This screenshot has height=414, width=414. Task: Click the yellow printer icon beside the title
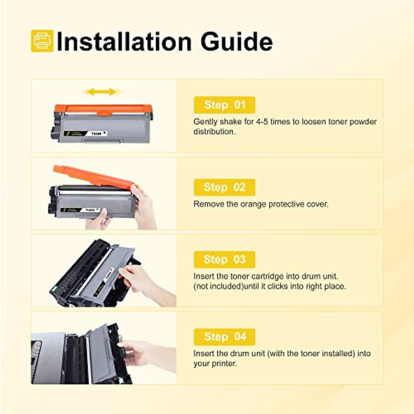pos(42,41)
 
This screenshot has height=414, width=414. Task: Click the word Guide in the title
pos(236,42)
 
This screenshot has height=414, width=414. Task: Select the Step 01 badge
pos(224,105)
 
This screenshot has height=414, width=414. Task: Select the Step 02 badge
pos(224,187)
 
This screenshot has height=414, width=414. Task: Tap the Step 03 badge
pos(224,259)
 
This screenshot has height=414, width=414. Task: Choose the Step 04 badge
pos(224,337)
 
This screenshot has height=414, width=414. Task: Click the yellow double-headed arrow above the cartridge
pos(101,92)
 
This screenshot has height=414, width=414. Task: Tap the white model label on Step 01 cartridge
pos(99,133)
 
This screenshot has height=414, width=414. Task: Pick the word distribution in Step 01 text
pos(214,132)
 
